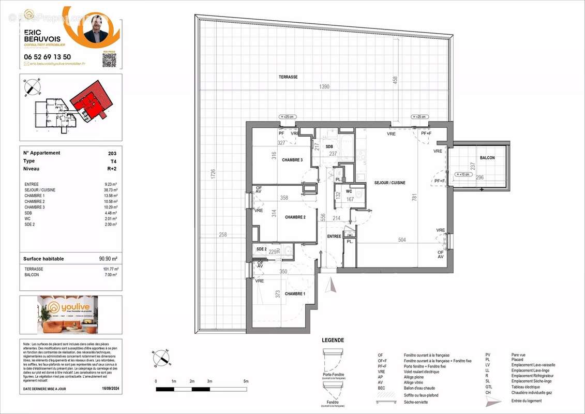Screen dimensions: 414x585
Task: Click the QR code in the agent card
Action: pyautogui.click(x=109, y=60)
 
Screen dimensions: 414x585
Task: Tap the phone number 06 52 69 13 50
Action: pyautogui.click(x=48, y=57)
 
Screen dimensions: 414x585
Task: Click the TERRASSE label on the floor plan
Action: pyautogui.click(x=288, y=77)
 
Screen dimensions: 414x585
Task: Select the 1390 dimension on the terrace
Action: pyautogui.click(x=324, y=87)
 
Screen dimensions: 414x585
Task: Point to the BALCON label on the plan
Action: pyautogui.click(x=487, y=158)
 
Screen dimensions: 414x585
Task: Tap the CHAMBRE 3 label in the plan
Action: pyautogui.click(x=292, y=160)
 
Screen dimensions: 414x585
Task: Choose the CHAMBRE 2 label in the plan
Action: pyautogui.click(x=295, y=217)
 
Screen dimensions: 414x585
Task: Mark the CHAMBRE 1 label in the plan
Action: pyautogui.click(x=295, y=294)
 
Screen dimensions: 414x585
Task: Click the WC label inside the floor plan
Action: pyautogui.click(x=349, y=191)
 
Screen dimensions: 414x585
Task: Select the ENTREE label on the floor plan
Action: pyautogui.click(x=334, y=236)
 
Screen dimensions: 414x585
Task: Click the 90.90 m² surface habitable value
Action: pyautogui.click(x=109, y=259)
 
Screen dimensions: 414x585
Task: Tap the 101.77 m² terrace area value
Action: pyautogui.click(x=110, y=269)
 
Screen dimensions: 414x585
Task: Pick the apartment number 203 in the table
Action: pyautogui.click(x=112, y=153)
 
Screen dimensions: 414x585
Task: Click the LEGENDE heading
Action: pyautogui.click(x=333, y=340)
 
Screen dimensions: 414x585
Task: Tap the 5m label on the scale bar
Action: pyautogui.click(x=246, y=381)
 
